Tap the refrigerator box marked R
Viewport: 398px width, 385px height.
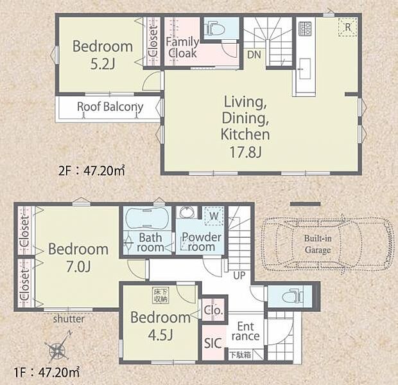(348, 27)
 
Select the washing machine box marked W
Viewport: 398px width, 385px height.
(214, 216)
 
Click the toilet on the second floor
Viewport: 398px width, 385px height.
(216, 28)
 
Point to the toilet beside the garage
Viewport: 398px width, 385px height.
(292, 296)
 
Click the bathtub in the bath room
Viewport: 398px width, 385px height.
(148, 218)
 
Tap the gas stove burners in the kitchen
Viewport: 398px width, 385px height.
(305, 29)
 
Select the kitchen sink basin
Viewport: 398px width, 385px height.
(304, 69)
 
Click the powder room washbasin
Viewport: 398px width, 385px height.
(187, 212)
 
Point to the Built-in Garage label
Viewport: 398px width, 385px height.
(318, 244)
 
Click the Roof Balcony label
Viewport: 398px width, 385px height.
(110, 107)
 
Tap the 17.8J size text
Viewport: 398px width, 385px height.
(245, 152)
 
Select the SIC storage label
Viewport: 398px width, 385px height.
(213, 343)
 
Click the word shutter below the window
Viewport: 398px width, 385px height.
(69, 319)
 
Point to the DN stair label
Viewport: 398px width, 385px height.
(254, 55)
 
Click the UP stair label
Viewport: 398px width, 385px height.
(239, 275)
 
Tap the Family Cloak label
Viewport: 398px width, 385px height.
(182, 48)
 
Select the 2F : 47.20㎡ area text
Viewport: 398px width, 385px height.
(92, 171)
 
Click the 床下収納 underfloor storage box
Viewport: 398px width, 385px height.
(160, 295)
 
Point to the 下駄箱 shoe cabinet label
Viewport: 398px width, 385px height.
(240, 355)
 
